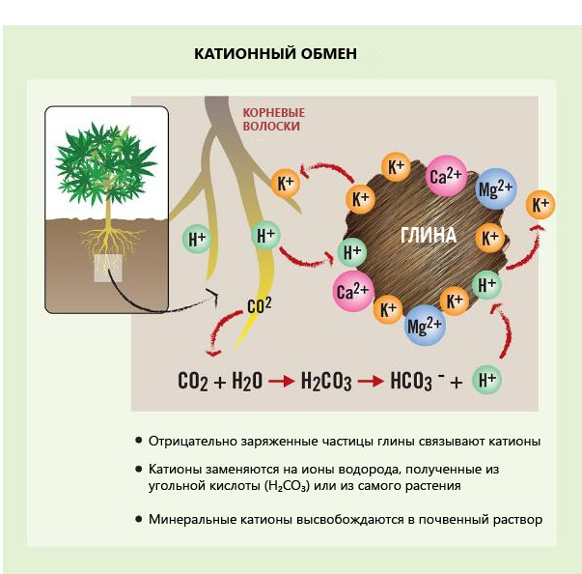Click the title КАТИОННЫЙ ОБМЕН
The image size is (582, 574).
click(275, 54)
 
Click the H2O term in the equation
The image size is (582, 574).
click(246, 381)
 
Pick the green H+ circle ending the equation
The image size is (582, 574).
click(486, 381)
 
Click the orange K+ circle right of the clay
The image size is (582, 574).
click(540, 204)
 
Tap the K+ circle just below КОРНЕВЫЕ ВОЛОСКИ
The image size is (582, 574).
click(287, 182)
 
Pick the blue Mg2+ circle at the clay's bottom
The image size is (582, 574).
click(425, 326)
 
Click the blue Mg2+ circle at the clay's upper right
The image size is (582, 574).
click(496, 187)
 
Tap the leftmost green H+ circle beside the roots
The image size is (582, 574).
click(197, 239)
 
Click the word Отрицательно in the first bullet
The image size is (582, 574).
click(191, 441)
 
